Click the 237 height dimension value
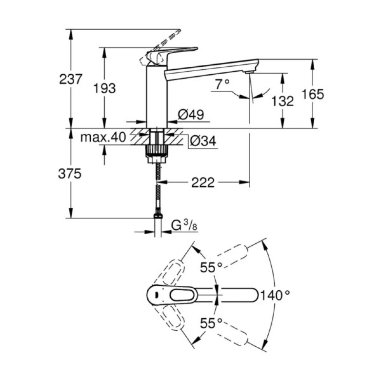[71, 79]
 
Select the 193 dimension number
[105, 88]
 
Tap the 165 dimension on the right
[312, 94]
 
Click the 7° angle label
[222, 84]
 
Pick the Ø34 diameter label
[202, 141]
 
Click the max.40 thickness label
[103, 138]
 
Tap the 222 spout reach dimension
[202, 183]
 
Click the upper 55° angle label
[211, 267]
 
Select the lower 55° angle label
[211, 323]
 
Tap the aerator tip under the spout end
[249, 72]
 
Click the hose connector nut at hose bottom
[157, 216]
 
